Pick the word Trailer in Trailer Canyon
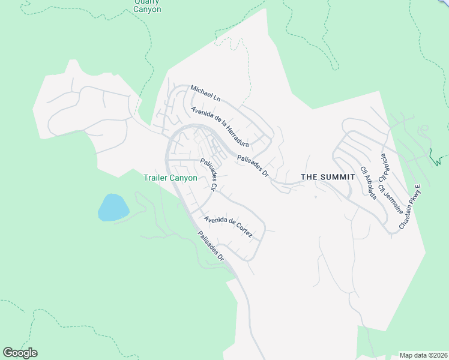[157, 178]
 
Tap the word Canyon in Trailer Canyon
[184, 178]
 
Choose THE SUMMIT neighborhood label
[324, 177]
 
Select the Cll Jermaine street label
[390, 199]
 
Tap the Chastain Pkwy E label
[412, 208]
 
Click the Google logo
[20, 353]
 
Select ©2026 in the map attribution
[437, 355]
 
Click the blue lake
[113, 207]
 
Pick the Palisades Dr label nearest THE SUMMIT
[253, 165]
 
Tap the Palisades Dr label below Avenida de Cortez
[211, 246]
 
